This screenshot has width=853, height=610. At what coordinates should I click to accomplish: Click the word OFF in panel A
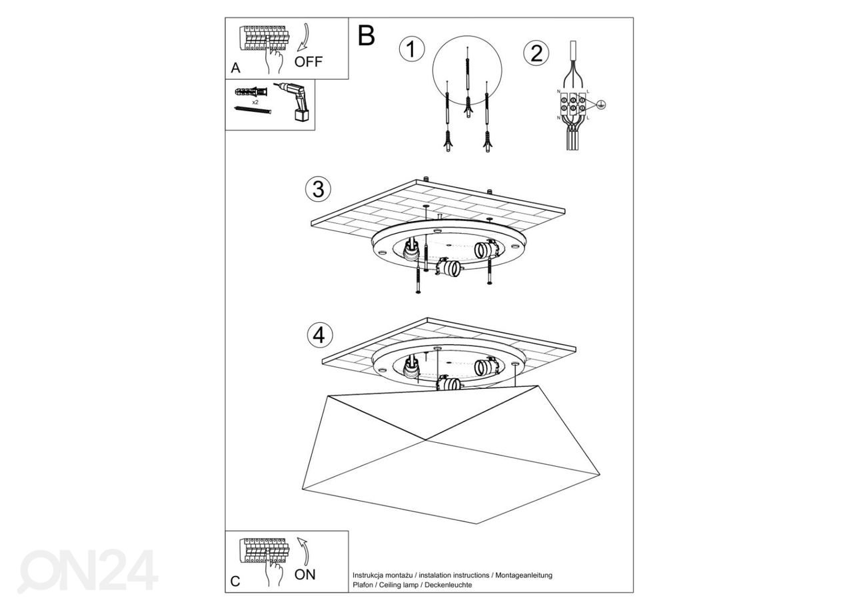[x=308, y=62]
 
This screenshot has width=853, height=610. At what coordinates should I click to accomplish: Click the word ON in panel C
[x=305, y=574]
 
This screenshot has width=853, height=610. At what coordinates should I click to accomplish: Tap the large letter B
[x=367, y=35]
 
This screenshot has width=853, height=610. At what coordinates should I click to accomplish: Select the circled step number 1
[x=412, y=50]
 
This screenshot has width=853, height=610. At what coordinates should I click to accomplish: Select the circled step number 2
[x=536, y=53]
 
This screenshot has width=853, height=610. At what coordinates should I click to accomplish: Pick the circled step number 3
[x=319, y=189]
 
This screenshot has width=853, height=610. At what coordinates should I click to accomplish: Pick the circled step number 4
[x=319, y=335]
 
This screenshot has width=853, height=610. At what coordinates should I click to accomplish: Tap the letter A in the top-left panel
[x=235, y=68]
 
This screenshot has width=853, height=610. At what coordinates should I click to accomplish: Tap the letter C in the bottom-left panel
[x=235, y=581]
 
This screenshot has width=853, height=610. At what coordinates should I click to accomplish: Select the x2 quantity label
[x=255, y=102]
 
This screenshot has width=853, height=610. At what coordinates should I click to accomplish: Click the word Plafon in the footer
[x=365, y=585]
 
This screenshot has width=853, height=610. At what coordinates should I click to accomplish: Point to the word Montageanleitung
[x=524, y=575]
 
